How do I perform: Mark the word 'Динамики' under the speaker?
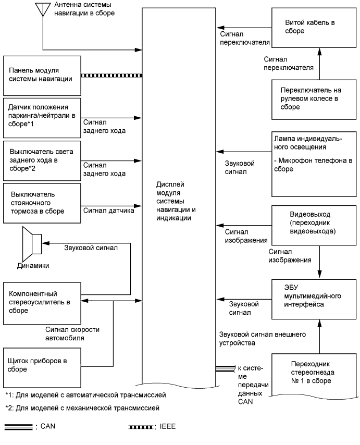click(36, 266)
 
